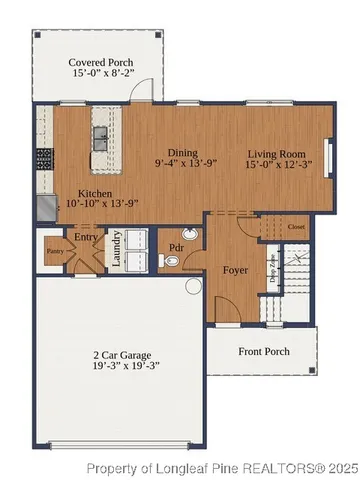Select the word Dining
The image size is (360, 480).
click(183, 150)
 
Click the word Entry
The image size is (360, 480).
click(88, 237)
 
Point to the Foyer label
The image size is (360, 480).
click(235, 269)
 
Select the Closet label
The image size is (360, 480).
click(296, 227)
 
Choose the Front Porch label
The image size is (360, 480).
click(263, 351)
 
